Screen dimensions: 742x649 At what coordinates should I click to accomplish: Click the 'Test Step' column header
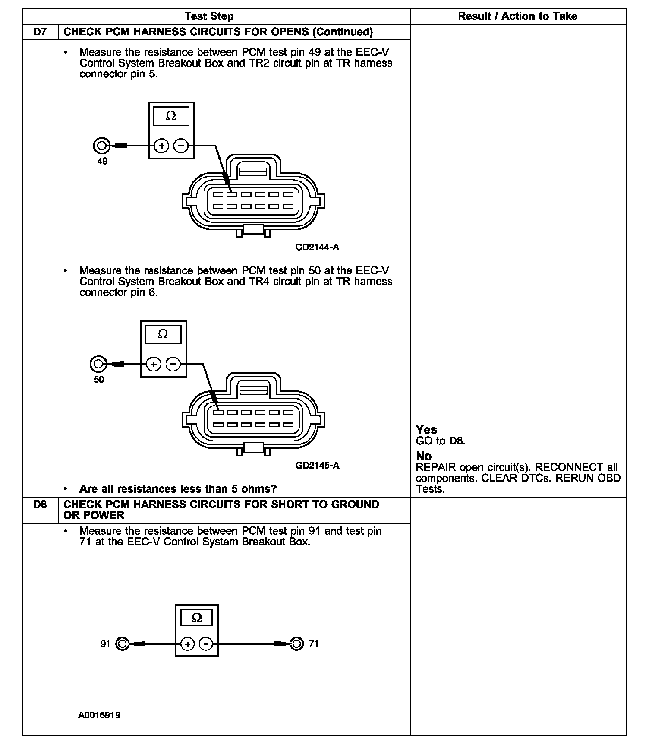(x=209, y=16)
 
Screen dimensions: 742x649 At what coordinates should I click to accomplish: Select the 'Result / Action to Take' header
(x=517, y=16)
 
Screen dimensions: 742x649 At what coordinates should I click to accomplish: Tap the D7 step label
(x=40, y=32)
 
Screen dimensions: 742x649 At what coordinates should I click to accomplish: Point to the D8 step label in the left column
(x=40, y=504)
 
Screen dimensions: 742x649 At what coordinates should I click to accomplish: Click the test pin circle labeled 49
(x=101, y=146)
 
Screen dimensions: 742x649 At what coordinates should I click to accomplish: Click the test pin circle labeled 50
(x=98, y=364)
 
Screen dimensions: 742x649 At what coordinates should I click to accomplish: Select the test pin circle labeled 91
(x=122, y=644)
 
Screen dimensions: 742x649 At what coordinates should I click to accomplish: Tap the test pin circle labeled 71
(x=296, y=644)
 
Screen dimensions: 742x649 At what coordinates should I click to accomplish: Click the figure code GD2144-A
(x=317, y=247)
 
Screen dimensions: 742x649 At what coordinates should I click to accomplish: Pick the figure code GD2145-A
(x=317, y=466)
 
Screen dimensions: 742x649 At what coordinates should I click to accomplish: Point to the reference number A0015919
(x=99, y=715)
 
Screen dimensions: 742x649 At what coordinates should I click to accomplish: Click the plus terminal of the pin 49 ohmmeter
(x=162, y=146)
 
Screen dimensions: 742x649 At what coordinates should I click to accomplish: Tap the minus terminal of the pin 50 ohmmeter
(x=173, y=364)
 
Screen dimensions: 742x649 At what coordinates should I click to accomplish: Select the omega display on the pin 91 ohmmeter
(x=196, y=618)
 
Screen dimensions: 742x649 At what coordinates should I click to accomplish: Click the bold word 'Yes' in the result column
(x=426, y=430)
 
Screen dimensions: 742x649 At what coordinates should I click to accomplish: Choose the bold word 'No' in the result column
(x=424, y=456)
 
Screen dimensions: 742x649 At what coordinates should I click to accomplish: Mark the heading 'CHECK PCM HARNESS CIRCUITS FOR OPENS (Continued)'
(x=218, y=32)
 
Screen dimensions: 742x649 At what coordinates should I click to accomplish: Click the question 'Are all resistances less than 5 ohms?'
(x=178, y=489)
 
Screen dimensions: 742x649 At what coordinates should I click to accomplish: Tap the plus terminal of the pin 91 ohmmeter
(x=187, y=644)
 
